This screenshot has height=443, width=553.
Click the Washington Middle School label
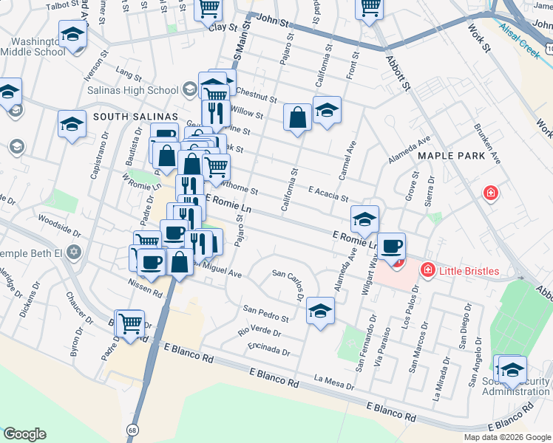pyautogui.click(x=33, y=46)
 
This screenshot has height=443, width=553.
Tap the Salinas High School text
pyautogui.click(x=132, y=90)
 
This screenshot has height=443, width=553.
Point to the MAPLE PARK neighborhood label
pyautogui.click(x=452, y=156)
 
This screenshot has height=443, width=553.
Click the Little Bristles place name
pyautogui.click(x=469, y=271)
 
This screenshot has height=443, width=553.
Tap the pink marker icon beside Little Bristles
pyautogui.click(x=427, y=271)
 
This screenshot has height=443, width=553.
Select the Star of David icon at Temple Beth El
pyautogui.click(x=72, y=253)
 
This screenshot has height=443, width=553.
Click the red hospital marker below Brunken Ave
pyautogui.click(x=489, y=193)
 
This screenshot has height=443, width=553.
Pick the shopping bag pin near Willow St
pyautogui.click(x=297, y=117)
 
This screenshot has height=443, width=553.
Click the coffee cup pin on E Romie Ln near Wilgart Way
pyautogui.click(x=393, y=247)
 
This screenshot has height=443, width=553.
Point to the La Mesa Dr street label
pyautogui.click(x=334, y=382)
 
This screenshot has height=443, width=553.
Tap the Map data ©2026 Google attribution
pyautogui.click(x=506, y=437)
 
